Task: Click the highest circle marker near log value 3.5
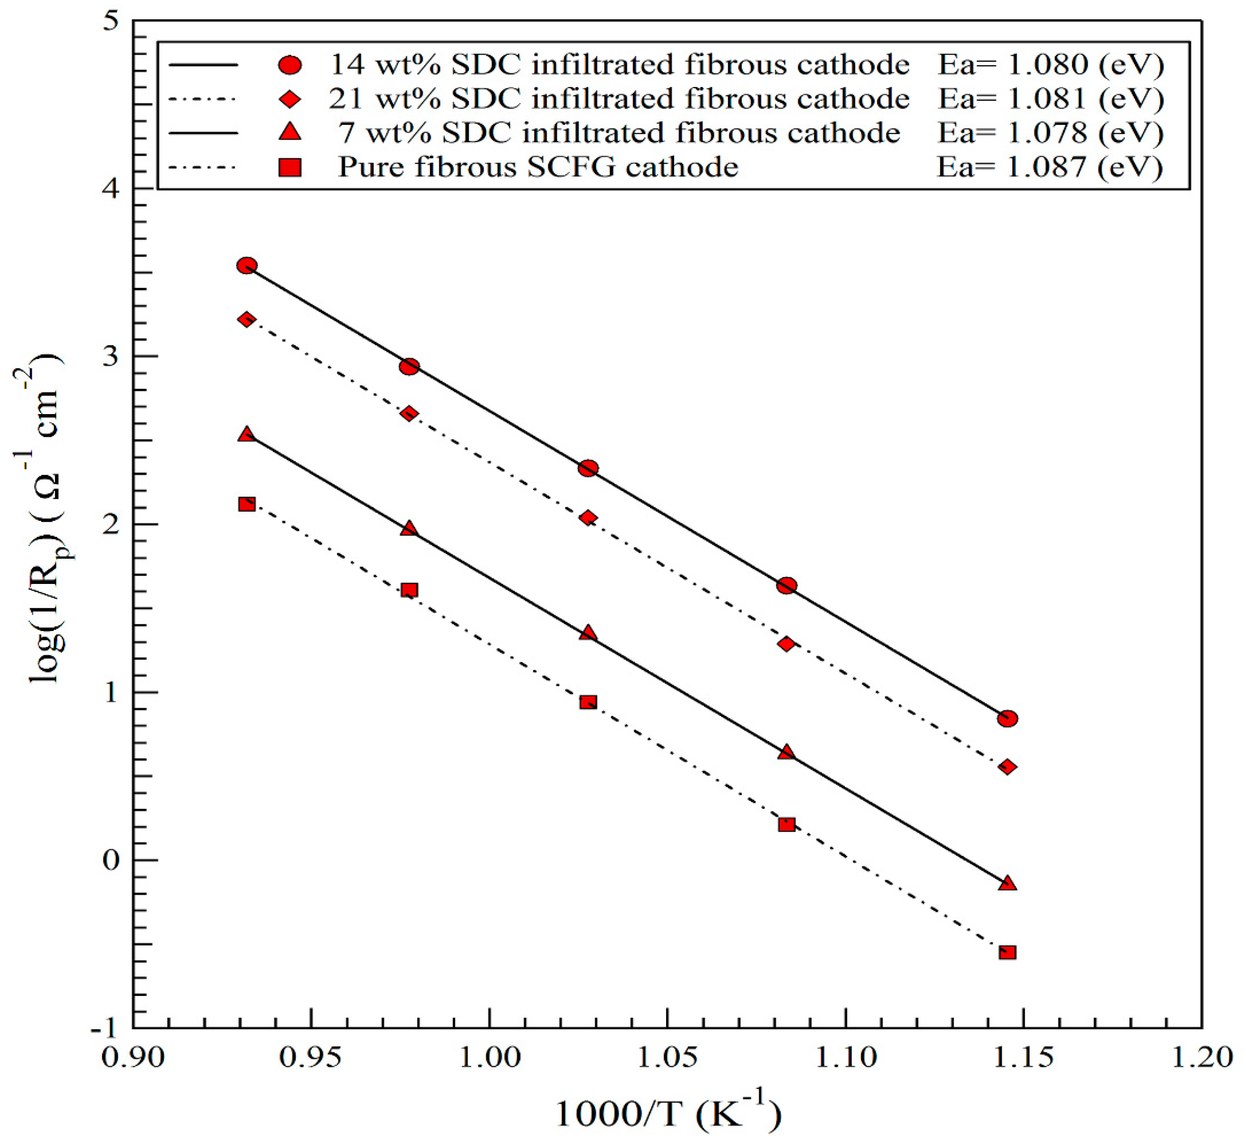click(247, 265)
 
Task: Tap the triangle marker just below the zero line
click(1007, 883)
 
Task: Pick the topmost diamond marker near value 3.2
click(247, 320)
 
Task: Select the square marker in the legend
click(290, 167)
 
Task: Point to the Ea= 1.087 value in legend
click(1049, 167)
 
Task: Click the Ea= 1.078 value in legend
click(1049, 133)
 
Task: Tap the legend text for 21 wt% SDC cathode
click(619, 99)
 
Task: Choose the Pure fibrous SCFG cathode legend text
click(538, 167)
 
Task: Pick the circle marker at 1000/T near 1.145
click(1007, 719)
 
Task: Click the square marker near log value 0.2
click(786, 824)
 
